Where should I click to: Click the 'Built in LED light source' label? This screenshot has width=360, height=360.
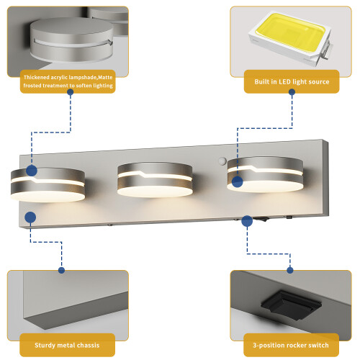[x=292, y=81]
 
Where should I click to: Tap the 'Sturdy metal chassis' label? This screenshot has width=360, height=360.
[x=67, y=345]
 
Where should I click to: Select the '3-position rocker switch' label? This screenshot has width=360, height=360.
[x=291, y=345]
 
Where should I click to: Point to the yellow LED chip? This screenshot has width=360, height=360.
[x=291, y=34]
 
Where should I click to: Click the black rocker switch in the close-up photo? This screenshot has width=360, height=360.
[x=291, y=305]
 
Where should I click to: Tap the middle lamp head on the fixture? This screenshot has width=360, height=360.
[x=155, y=179]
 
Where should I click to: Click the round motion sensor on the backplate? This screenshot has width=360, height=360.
[x=222, y=161]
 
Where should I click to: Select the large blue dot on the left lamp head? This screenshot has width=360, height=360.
[x=32, y=171]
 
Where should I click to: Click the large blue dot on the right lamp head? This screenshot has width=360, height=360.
[x=238, y=181]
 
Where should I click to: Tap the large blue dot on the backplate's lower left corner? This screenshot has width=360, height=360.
[x=30, y=217]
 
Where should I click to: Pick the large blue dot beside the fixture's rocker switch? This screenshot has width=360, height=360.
[x=247, y=221]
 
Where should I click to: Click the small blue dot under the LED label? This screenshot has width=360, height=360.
[x=292, y=92]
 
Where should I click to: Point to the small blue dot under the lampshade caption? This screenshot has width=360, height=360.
[x=71, y=92]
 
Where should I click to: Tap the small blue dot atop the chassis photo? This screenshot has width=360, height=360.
[x=61, y=270]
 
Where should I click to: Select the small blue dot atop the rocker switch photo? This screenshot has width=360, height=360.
[x=290, y=270]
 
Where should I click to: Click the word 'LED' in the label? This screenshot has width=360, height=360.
[x=284, y=81]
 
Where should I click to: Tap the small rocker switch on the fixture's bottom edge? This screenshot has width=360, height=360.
[x=260, y=219]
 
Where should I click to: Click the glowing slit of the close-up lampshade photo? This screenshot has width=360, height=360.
[x=72, y=43]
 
